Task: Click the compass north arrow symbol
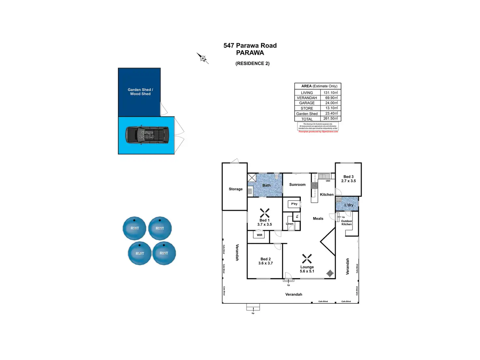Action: pyautogui.click(x=202, y=58)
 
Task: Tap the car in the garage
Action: pyautogui.click(x=147, y=134)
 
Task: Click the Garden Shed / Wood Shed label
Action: pyautogui.click(x=140, y=92)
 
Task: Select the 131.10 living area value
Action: pyautogui.click(x=330, y=93)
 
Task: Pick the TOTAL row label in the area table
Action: pyautogui.click(x=307, y=119)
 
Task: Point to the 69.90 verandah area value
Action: pyautogui.click(x=331, y=98)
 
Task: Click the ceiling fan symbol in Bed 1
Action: pyautogui.click(x=264, y=213)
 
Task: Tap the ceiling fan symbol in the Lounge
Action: pyautogui.click(x=307, y=259)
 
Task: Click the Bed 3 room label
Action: pyautogui.click(x=348, y=177)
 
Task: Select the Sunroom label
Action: pyautogui.click(x=297, y=185)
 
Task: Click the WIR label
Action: pyautogui.click(x=259, y=235)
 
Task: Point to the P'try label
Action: pyautogui.click(x=294, y=204)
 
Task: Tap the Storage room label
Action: pyautogui.click(x=235, y=189)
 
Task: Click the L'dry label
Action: pyautogui.click(x=349, y=205)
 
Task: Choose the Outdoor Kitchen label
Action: pyautogui.click(x=347, y=223)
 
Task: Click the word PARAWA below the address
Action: pyautogui.click(x=250, y=53)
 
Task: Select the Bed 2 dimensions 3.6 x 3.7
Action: pyautogui.click(x=265, y=263)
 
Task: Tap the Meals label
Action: pyautogui.click(x=318, y=218)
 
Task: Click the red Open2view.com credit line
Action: pyautogui.click(x=318, y=132)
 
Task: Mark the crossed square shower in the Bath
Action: pyautogui.click(x=252, y=178)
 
